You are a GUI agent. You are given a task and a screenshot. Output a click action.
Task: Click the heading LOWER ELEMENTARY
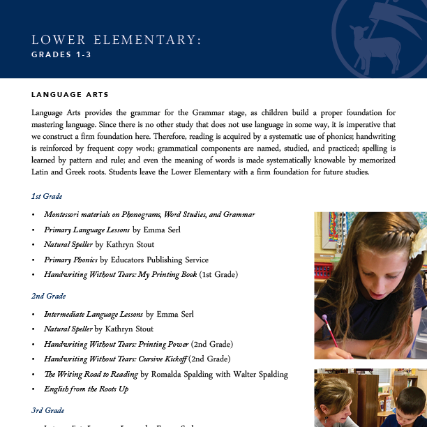(116, 40)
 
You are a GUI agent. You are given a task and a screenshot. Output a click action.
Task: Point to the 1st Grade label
(47, 196)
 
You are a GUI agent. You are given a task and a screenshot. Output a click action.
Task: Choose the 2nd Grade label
(47, 296)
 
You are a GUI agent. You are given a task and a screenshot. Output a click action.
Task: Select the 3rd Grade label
(47, 410)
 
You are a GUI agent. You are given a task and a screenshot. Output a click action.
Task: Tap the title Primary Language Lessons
(87, 230)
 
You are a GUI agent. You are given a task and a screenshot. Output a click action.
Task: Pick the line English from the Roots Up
(86, 389)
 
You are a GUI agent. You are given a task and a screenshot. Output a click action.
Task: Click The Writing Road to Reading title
(91, 374)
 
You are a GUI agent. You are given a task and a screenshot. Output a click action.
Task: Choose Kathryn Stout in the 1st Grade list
(130, 245)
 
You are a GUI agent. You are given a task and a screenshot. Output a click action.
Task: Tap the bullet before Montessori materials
(33, 215)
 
